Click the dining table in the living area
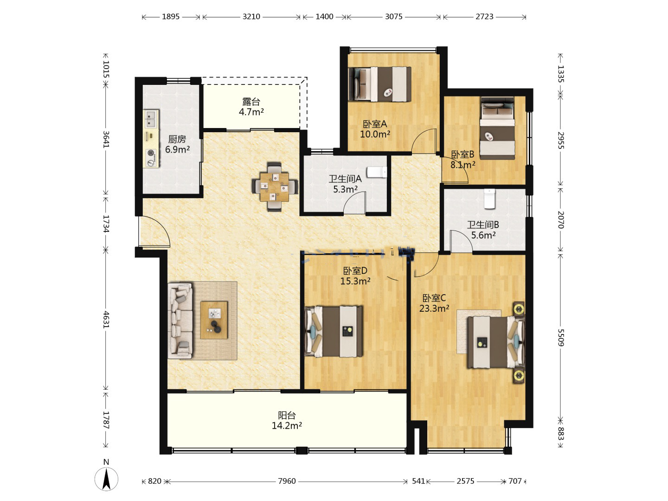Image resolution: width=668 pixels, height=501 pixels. (274, 187)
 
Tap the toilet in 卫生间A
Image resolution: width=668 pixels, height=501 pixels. (377, 172)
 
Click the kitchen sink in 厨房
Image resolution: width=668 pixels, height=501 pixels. (151, 119)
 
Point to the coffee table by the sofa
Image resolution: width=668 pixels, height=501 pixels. (214, 320)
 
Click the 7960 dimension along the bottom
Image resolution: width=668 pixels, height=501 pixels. (287, 481)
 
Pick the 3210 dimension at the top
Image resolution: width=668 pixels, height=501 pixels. (251, 16)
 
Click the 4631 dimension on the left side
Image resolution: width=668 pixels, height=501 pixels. (106, 320)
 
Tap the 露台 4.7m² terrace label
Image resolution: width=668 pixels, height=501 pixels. (251, 107)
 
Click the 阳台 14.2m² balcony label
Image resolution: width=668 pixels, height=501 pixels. (287, 420)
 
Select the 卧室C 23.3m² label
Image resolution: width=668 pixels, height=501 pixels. (434, 303)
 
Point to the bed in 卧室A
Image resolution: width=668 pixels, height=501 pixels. (379, 84)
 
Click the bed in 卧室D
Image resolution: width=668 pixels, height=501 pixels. (334, 331)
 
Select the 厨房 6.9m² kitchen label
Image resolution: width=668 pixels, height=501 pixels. (177, 144)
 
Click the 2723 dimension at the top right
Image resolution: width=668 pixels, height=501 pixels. (484, 16)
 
